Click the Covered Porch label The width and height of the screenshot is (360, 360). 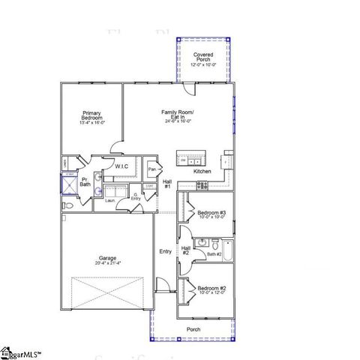[202, 58]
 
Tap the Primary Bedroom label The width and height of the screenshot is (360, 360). [93, 118]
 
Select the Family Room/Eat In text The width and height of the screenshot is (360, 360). [178, 115]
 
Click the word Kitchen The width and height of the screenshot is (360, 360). [202, 172]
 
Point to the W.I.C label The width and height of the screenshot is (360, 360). [122, 166]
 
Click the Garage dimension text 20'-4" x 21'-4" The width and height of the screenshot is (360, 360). [108, 263]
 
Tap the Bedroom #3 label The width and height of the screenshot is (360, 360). [211, 214]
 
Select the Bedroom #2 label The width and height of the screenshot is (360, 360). [211, 289]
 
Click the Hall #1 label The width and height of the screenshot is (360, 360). [168, 184]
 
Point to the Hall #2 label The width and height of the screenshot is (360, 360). [185, 250]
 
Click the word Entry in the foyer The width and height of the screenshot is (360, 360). [166, 251]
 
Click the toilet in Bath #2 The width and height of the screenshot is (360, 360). [214, 244]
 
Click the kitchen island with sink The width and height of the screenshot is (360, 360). [190, 159]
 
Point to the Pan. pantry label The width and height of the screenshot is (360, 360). [152, 169]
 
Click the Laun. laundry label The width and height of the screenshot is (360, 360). [109, 200]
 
